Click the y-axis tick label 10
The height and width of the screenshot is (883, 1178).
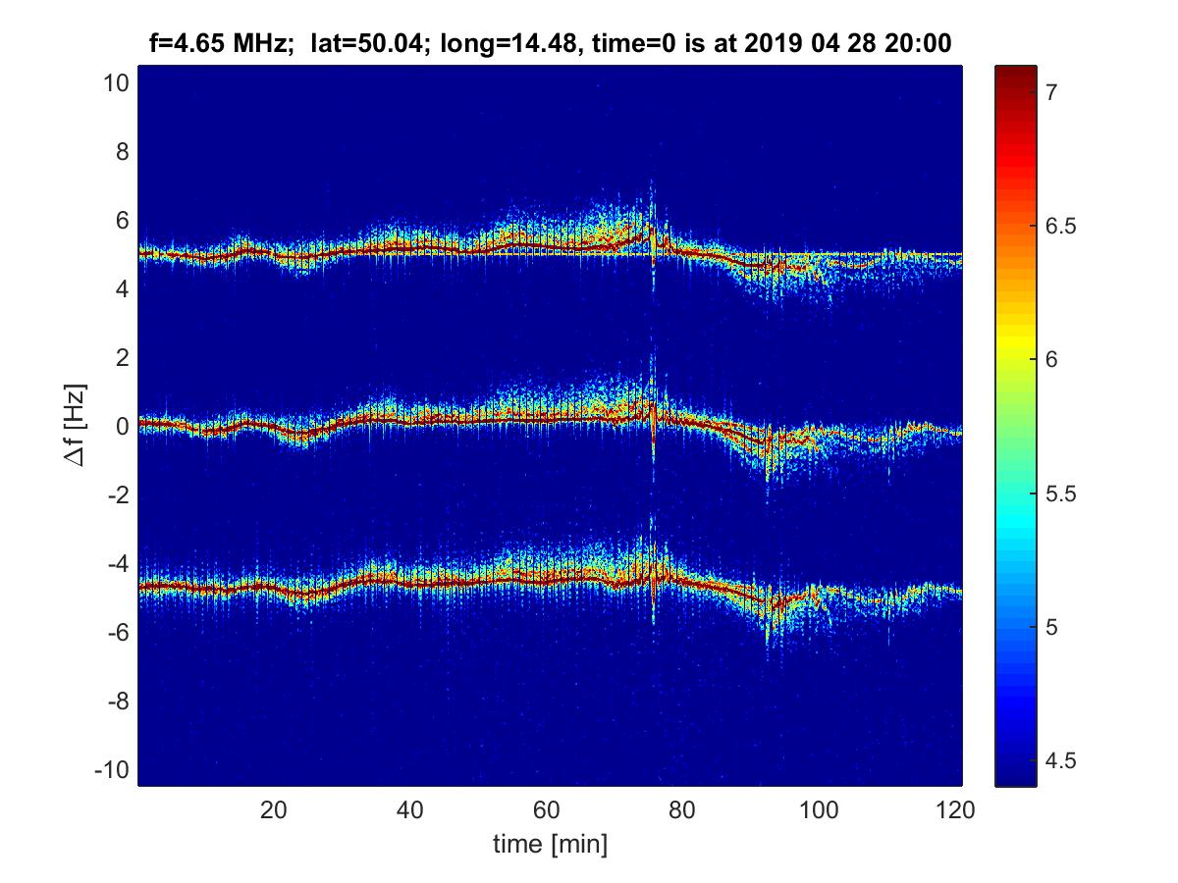[115, 83]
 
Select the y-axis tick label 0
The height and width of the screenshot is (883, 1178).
[121, 426]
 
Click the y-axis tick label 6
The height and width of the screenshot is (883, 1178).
[121, 221]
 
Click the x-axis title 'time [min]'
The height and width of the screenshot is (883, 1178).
[550, 844]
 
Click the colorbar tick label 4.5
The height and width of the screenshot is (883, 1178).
[1062, 760]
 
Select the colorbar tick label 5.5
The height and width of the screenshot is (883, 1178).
[1062, 493]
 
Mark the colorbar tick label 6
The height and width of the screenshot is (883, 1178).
[1051, 359]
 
